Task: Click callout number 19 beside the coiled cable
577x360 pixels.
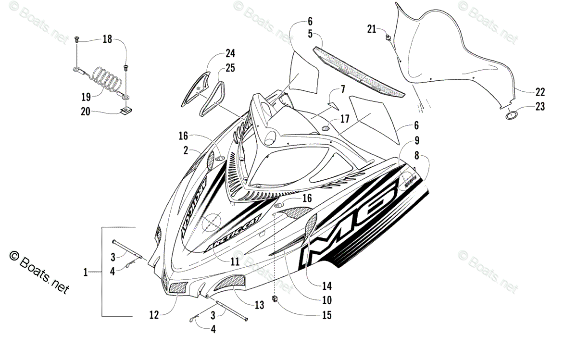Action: point(87,95)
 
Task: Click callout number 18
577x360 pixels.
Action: point(107,39)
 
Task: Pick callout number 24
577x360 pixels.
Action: point(231,53)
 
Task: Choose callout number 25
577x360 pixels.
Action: point(230,68)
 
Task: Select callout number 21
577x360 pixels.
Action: point(371,29)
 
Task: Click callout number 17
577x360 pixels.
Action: point(345,119)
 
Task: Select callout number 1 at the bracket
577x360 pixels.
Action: point(86,273)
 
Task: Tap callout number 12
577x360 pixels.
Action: point(154,316)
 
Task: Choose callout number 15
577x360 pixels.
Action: point(327,315)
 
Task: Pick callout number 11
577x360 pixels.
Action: point(235,262)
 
